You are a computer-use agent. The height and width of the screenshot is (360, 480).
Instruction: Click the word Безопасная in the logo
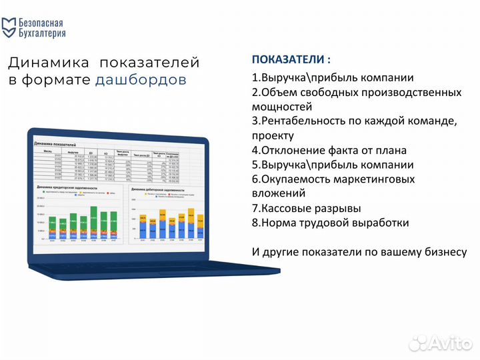pos(43,21)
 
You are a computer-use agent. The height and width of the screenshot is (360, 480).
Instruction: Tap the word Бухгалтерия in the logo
pos(43,33)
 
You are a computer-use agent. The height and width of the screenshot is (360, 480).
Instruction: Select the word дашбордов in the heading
pos(141,80)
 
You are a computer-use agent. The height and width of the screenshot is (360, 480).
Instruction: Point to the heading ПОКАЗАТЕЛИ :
pos(291,59)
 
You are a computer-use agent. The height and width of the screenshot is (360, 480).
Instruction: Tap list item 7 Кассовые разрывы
pos(307,208)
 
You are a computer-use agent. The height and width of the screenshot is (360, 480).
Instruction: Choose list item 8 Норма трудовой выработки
pos(330,223)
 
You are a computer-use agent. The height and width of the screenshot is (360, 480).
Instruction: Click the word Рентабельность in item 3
pos(302,121)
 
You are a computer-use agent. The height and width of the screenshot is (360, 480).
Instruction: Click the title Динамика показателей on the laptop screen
pos(55,144)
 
